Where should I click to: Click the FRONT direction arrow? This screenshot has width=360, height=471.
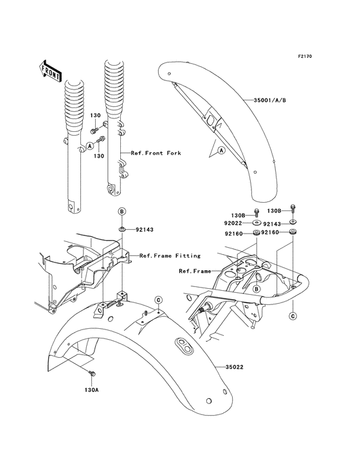click(50, 71)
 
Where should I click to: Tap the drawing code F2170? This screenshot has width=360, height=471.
click(305, 56)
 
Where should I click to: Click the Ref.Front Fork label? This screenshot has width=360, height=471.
click(156, 153)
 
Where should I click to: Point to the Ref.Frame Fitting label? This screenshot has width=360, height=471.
click(170, 256)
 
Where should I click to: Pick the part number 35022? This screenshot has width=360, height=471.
click(234, 367)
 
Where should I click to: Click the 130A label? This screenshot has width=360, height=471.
click(91, 390)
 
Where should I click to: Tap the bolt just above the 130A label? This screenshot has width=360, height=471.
click(92, 374)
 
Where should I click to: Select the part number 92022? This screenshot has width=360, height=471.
click(233, 223)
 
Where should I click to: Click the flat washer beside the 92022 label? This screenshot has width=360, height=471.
click(256, 223)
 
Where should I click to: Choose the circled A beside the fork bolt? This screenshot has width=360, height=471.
click(89, 145)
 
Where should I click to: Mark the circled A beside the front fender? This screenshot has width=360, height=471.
click(221, 150)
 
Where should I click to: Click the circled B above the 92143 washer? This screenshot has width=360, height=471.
click(122, 212)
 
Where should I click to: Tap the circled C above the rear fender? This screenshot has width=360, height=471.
click(158, 300)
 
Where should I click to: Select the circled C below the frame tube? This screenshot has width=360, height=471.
click(292, 316)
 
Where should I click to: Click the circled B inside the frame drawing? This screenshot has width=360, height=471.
click(256, 289)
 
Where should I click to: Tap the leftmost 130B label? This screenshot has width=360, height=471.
click(239, 216)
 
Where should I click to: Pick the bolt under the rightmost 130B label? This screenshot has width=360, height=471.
click(292, 209)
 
